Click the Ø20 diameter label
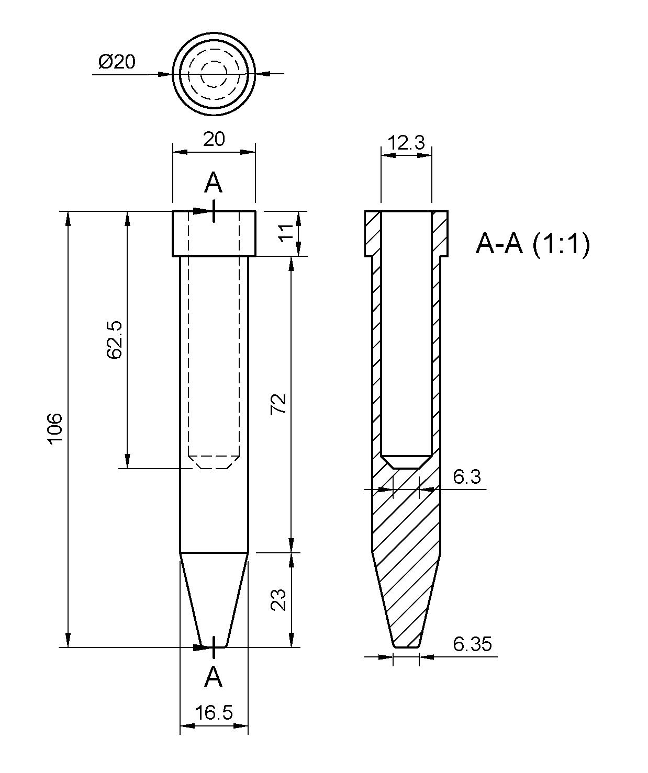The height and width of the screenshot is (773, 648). pos(116,62)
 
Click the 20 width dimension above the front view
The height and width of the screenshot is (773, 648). pos(214,139)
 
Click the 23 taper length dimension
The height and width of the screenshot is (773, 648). pos(279,600)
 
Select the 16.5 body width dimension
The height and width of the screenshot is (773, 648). pos(214,712)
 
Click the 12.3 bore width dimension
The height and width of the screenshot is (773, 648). pos(406,143)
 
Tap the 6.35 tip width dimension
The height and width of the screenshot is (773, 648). pos(472,644)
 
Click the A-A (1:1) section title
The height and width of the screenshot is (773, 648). pos(532,244)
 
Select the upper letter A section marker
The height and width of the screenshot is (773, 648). pos(213,183)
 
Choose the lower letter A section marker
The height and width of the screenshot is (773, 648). pos(213,678)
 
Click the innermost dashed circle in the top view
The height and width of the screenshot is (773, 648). pos(214,74)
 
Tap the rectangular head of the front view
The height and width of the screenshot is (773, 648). pos(214,233)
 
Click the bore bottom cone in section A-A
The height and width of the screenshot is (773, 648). pos(406,461)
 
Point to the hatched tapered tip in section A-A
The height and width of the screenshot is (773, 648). pos(406,601)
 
